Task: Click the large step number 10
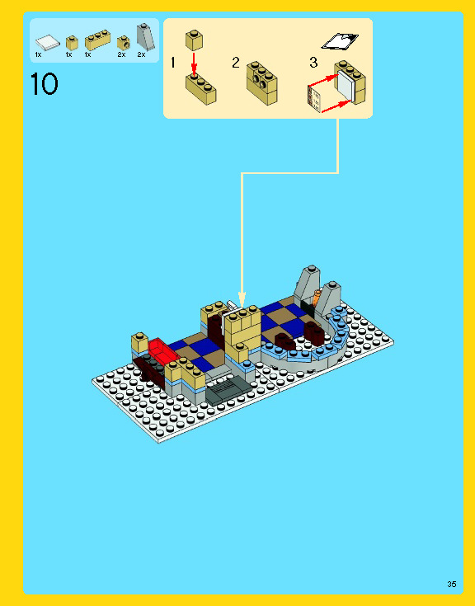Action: pos(45,84)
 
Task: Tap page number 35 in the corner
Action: pos(451,584)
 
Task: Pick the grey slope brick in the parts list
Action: pos(143,36)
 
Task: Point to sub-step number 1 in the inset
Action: pos(173,63)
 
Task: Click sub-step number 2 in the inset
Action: pos(236,63)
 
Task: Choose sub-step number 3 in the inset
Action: pos(313,63)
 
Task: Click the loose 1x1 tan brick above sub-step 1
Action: pos(195,38)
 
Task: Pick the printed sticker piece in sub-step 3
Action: pos(315,98)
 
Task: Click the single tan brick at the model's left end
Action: pos(139,341)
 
